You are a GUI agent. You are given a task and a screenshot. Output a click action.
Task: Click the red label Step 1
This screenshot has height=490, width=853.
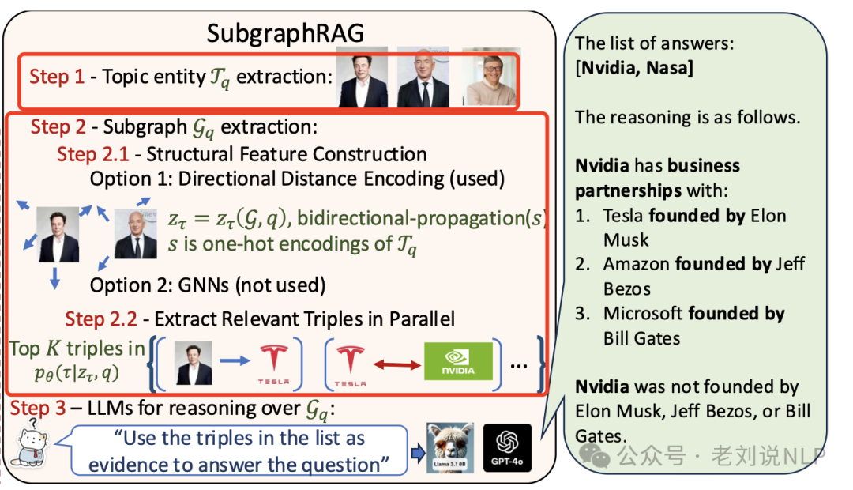[56, 77]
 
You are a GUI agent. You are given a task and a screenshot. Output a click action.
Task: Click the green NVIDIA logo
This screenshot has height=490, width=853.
[457, 361]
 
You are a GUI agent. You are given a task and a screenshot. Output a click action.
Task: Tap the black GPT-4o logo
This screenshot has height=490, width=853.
[507, 447]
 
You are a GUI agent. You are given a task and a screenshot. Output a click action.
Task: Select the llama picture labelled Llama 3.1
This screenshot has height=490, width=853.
[450, 447]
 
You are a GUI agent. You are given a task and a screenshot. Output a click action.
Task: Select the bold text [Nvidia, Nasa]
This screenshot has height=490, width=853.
[634, 68]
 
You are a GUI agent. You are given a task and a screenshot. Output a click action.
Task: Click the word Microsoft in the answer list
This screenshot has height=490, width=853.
[642, 314]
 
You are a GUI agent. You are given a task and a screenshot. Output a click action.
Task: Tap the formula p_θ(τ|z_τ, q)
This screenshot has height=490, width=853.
[77, 373]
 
